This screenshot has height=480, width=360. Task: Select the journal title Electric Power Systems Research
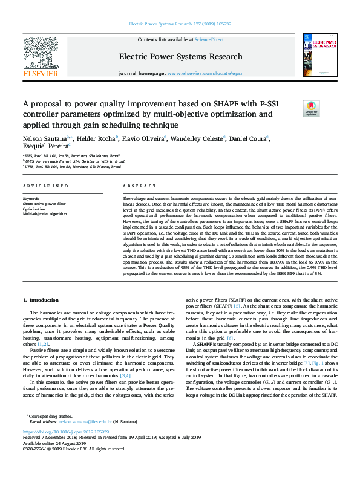[181, 56]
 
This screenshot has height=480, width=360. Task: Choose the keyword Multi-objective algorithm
[45, 214]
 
